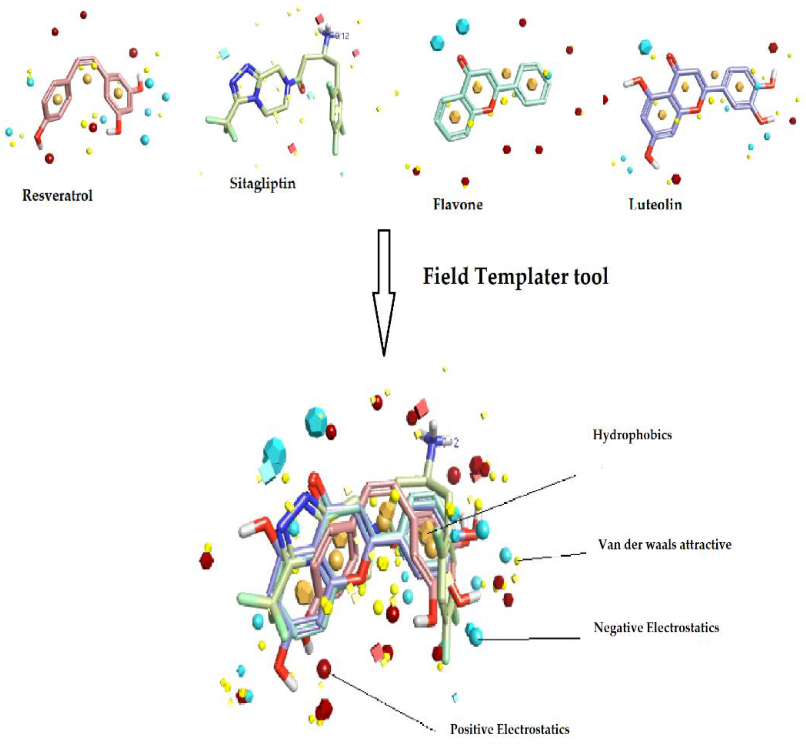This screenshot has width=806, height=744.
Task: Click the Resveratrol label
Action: [57, 196]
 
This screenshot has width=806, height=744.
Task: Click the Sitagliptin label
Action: [263, 184]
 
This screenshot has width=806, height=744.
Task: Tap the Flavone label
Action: [458, 204]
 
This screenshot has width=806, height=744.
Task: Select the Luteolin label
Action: [655, 204]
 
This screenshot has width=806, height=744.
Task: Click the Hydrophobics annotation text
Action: [632, 435]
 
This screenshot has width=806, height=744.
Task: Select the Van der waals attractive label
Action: [665, 545]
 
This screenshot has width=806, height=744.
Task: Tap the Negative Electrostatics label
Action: [656, 628]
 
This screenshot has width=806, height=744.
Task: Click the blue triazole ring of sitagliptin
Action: [242, 85]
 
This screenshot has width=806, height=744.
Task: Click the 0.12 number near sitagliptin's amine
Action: [342, 37]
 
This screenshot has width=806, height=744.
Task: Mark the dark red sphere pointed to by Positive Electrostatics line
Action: [324, 669]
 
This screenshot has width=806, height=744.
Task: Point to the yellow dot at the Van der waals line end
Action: [518, 560]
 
